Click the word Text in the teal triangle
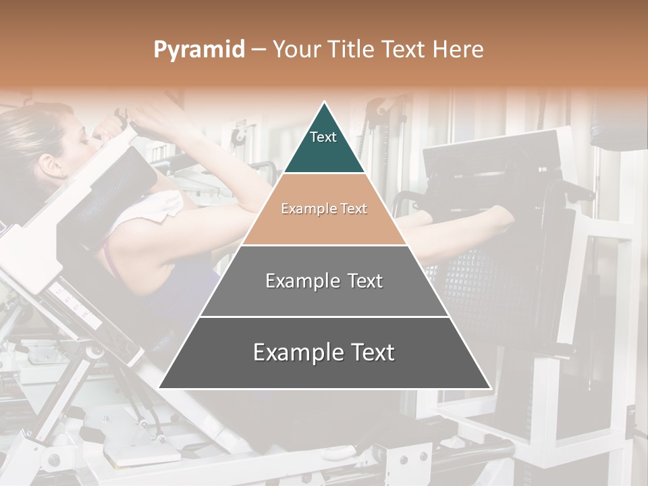pos(323,137)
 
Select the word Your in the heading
pos(296,50)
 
